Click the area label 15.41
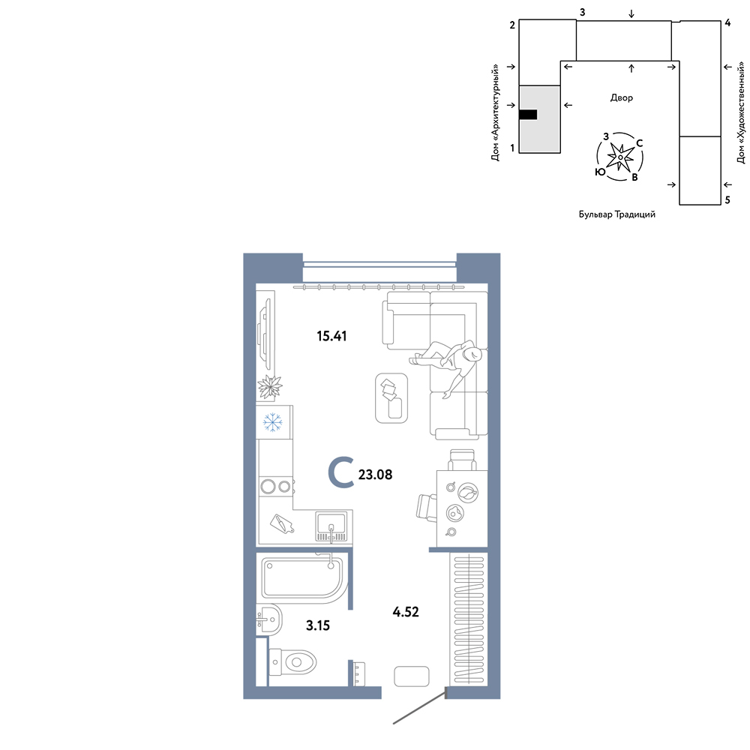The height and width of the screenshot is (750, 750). [331, 336]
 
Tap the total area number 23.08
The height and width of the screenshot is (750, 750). [375, 475]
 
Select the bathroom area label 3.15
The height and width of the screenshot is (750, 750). [317, 625]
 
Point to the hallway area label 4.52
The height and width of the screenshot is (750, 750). [406, 612]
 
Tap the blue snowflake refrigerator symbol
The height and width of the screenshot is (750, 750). [273, 422]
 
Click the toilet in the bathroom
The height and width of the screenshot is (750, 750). [292, 662]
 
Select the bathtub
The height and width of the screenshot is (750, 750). [302, 577]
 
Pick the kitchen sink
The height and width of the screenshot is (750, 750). [331, 526]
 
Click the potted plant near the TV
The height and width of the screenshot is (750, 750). [270, 387]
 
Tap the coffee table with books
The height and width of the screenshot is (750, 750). [391, 398]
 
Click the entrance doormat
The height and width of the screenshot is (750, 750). [411, 676]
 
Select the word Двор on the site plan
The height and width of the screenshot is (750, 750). [621, 98]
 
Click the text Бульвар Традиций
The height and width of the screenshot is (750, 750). [617, 214]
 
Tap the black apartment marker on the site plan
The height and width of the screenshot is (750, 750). [528, 114]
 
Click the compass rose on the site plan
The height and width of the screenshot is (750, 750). [620, 157]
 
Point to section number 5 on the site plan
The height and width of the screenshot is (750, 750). [727, 200]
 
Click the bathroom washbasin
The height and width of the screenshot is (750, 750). [268, 620]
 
